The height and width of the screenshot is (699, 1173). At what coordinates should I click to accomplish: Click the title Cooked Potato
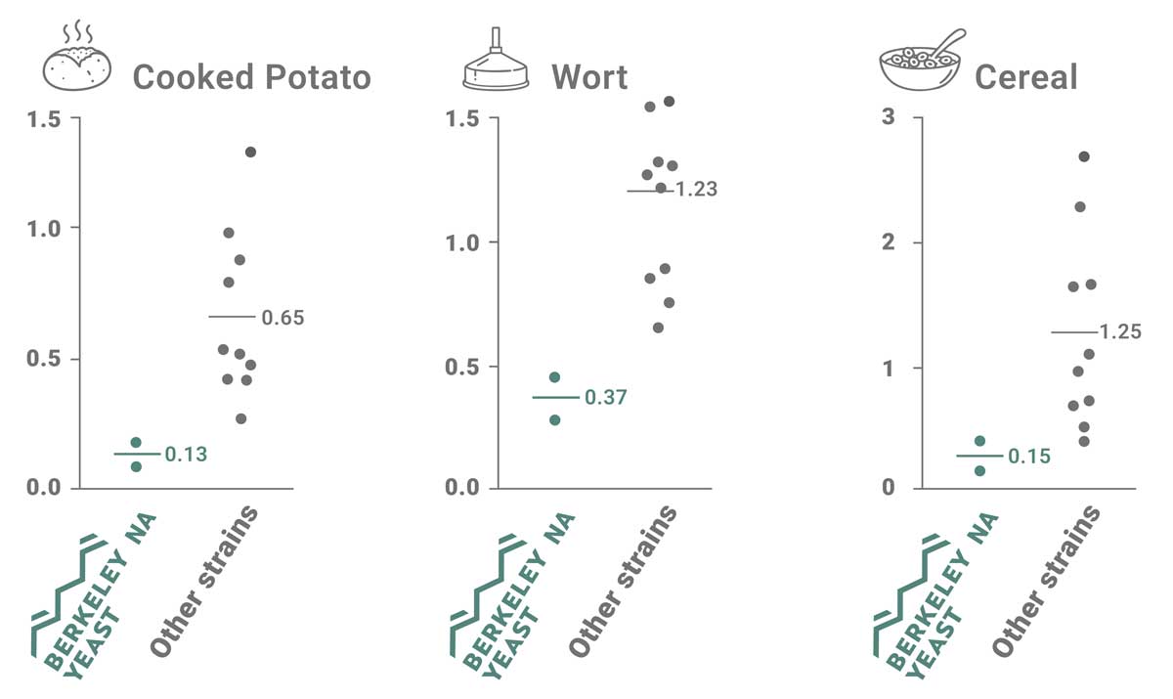(251, 76)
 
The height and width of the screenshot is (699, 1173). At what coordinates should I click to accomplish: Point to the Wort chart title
(589, 76)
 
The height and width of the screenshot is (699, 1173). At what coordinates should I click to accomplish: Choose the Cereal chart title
(1025, 76)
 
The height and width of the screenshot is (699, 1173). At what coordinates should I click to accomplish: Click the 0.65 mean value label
(282, 318)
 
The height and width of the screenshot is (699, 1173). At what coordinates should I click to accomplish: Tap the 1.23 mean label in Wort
(696, 190)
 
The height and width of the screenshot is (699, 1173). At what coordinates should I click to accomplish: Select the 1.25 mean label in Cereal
(1120, 331)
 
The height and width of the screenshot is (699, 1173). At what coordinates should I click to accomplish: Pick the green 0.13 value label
(186, 455)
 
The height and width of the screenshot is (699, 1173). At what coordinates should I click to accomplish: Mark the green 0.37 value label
(605, 398)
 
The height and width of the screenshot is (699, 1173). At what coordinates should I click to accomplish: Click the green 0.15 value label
(1028, 457)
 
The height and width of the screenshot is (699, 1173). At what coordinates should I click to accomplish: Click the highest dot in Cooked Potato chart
(250, 152)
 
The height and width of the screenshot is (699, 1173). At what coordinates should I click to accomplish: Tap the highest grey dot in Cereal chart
(1083, 156)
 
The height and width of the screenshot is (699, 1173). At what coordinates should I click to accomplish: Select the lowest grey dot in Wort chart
(658, 328)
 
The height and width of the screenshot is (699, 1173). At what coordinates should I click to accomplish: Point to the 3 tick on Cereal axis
(889, 118)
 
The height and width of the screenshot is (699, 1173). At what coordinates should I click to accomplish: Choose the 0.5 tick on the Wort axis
(460, 367)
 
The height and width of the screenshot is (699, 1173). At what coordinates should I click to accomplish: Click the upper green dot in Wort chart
(554, 377)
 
